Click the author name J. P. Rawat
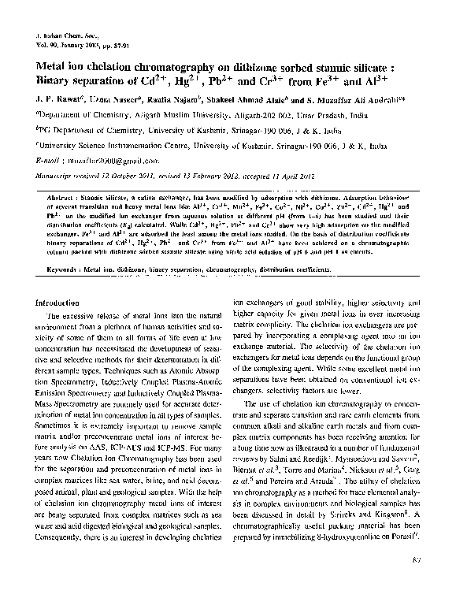pos(56,102)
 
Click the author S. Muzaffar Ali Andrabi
pos(347,102)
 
